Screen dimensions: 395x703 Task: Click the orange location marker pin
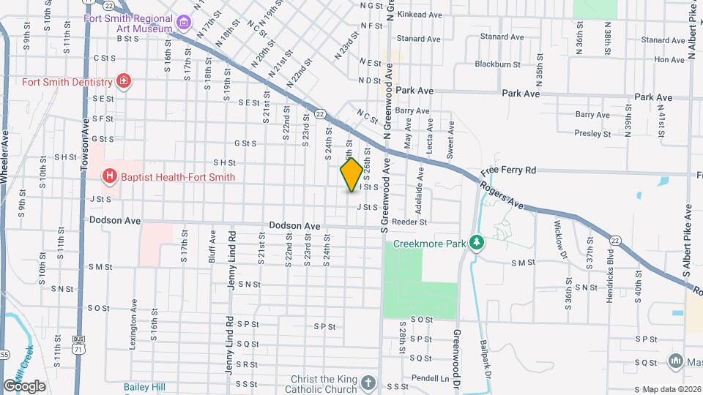click(351, 175)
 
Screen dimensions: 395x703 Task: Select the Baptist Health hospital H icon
click(109, 176)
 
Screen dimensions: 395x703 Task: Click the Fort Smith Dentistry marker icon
click(124, 81)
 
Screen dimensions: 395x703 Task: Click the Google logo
click(24, 385)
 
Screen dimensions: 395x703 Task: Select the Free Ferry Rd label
click(509, 170)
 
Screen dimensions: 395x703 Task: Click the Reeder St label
click(409, 222)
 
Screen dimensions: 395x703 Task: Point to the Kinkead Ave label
click(425, 15)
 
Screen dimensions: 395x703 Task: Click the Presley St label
click(592, 133)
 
